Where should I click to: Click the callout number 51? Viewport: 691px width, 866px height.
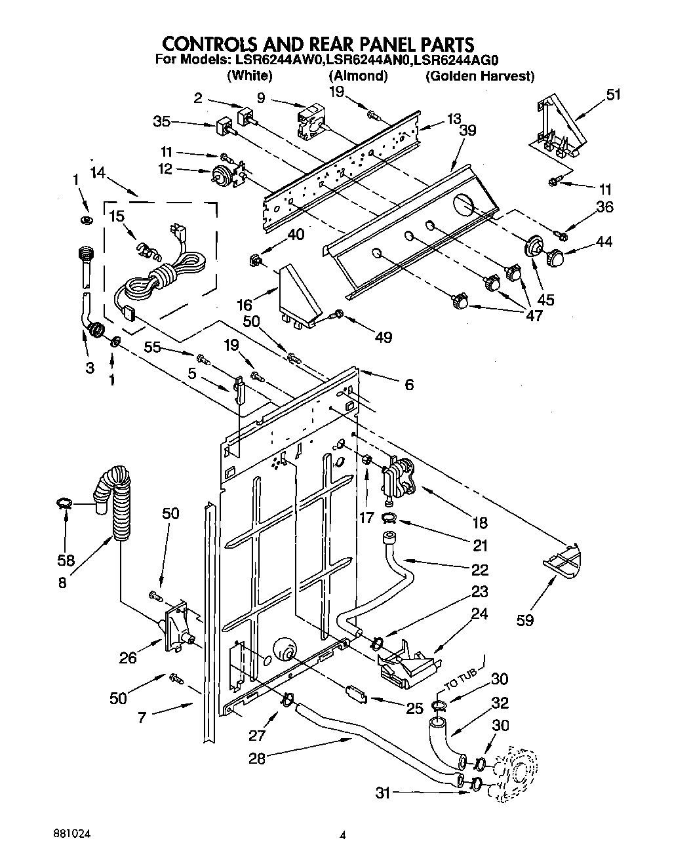click(x=613, y=95)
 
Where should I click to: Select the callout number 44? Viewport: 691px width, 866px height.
click(x=604, y=242)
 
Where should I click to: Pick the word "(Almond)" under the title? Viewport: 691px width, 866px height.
click(x=358, y=76)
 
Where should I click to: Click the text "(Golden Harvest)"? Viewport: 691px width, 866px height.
click(x=480, y=76)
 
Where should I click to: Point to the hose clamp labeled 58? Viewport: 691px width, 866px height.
click(x=64, y=503)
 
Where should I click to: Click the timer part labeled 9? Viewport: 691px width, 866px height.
click(x=311, y=121)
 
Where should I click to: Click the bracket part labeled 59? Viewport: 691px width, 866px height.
click(x=563, y=559)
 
